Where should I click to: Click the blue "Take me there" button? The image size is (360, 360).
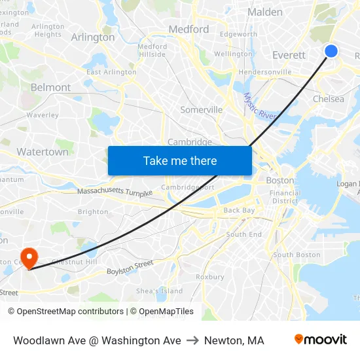click(180, 160)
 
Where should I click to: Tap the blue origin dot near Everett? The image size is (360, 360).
click(331, 51)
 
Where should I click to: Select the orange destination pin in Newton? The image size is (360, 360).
click(29, 257)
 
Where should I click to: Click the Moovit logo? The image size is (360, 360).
click(321, 340)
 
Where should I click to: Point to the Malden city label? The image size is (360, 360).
click(265, 12)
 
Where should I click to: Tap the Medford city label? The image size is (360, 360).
click(189, 29)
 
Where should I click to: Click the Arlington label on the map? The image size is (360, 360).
click(92, 37)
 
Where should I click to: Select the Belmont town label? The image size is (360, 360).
click(50, 87)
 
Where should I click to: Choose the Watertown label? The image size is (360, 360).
click(43, 151)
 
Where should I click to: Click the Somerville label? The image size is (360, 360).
click(201, 109)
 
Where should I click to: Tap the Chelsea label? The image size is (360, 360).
click(329, 99)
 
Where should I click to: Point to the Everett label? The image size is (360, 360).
click(289, 55)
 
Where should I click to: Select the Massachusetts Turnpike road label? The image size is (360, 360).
click(115, 192)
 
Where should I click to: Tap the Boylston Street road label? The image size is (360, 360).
click(130, 267)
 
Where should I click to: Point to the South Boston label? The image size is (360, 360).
click(297, 255)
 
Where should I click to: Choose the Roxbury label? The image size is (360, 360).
click(209, 277)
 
